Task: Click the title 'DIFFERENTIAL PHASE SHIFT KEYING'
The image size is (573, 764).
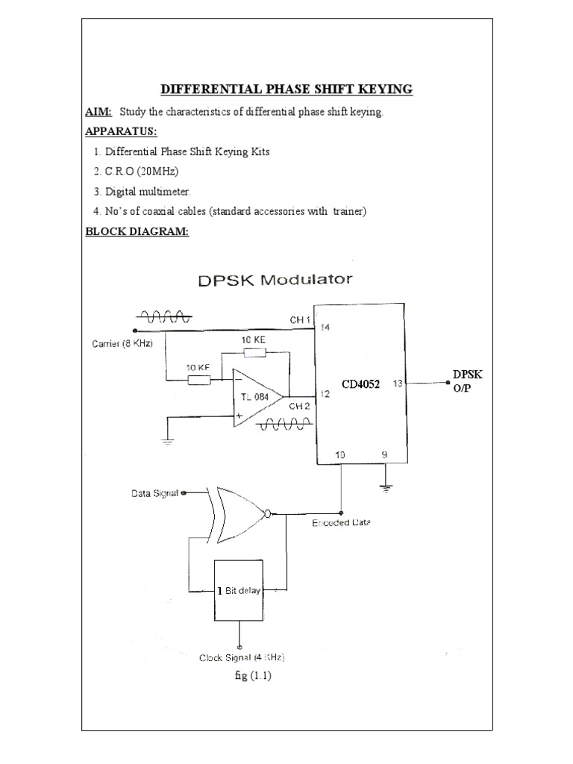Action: click(286, 90)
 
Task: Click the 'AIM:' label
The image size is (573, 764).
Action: click(98, 111)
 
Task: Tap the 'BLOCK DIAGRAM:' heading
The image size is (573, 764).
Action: click(137, 231)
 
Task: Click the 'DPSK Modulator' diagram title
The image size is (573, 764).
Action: click(275, 281)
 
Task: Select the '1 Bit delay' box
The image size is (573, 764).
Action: click(240, 589)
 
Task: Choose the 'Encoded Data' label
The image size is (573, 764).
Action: click(341, 522)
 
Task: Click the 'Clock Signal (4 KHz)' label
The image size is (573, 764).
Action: click(242, 657)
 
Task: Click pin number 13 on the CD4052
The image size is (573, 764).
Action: click(397, 383)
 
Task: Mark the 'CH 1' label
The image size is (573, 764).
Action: click(300, 320)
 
